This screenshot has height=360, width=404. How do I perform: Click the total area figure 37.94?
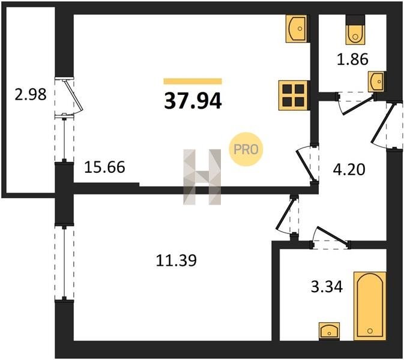tap(193, 100)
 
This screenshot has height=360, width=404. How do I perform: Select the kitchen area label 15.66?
tap(104, 167)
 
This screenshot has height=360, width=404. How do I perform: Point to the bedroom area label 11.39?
tap(176, 260)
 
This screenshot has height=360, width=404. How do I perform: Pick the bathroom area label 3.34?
tap(325, 287)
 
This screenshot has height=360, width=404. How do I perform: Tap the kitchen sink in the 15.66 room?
tap(296, 28)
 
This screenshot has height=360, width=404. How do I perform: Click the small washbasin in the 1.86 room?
tap(376, 80)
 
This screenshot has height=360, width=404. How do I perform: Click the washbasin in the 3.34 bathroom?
tap(329, 331)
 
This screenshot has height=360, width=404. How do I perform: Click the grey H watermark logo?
tap(202, 176)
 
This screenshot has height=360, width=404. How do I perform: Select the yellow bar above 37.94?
tap(193, 81)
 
